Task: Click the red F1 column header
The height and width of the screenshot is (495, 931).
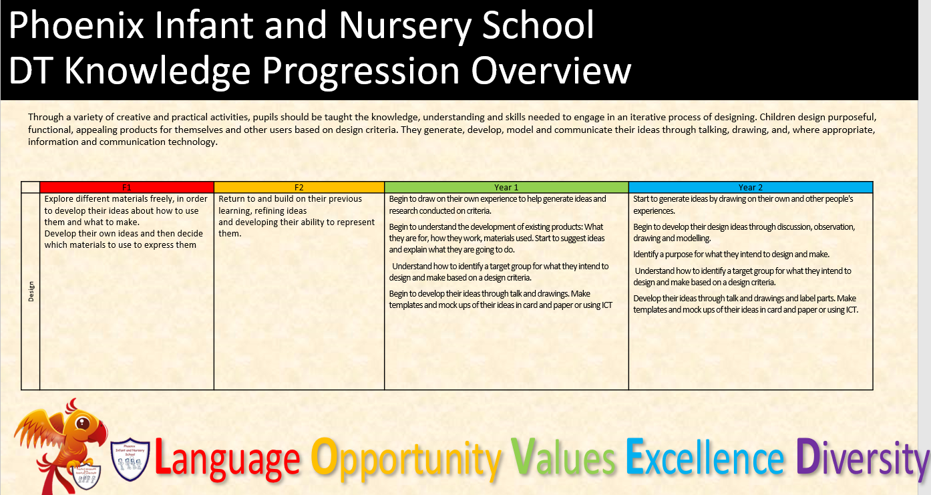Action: point(127,187)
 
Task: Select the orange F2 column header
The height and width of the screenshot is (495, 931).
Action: point(299,187)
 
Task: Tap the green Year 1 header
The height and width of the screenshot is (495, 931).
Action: point(506,187)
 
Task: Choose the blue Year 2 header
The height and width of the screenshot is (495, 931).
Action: point(751,187)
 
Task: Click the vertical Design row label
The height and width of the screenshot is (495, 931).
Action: point(31,291)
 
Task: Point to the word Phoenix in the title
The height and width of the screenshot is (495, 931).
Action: point(76,25)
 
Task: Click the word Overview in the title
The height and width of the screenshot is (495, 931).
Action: point(551,70)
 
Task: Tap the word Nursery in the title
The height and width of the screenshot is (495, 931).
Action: point(405,27)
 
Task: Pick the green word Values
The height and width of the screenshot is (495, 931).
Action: point(563,457)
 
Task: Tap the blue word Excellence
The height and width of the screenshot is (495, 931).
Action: point(705,457)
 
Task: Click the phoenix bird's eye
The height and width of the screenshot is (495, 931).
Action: point(83,424)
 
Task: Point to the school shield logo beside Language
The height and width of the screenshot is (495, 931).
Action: point(130,459)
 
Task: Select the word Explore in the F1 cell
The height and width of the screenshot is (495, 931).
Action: point(59,199)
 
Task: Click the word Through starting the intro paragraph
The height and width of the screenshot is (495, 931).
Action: point(45,118)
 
